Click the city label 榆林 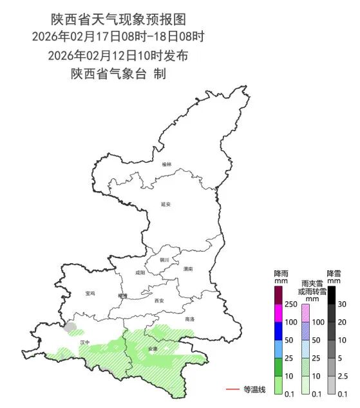[167, 164]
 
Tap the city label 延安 [166, 204]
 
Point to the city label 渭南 [187, 269]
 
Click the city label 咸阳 [140, 273]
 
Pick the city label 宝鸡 [90, 293]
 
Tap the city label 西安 [159, 301]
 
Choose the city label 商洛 [189, 319]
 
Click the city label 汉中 [85, 342]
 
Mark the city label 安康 [153, 348]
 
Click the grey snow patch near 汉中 [70, 327]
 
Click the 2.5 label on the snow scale [343, 376]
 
